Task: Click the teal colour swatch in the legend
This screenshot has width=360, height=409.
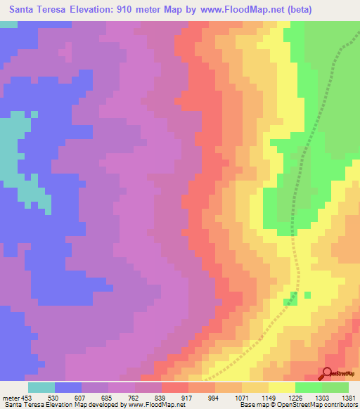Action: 41,387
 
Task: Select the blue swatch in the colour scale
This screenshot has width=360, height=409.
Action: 68,387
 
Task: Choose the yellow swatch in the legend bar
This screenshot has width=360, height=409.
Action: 281,387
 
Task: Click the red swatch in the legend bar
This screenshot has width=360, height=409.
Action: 174,387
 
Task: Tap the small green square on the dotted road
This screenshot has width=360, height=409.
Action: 292,298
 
